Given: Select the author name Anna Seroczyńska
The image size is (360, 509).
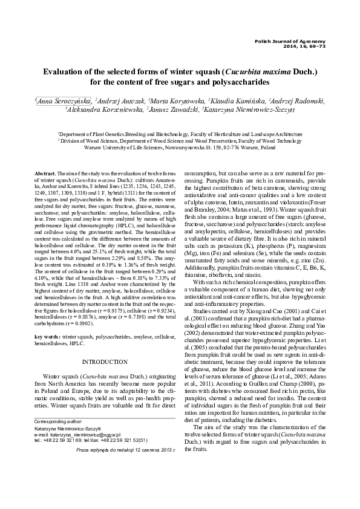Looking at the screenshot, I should pos(64,102).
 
